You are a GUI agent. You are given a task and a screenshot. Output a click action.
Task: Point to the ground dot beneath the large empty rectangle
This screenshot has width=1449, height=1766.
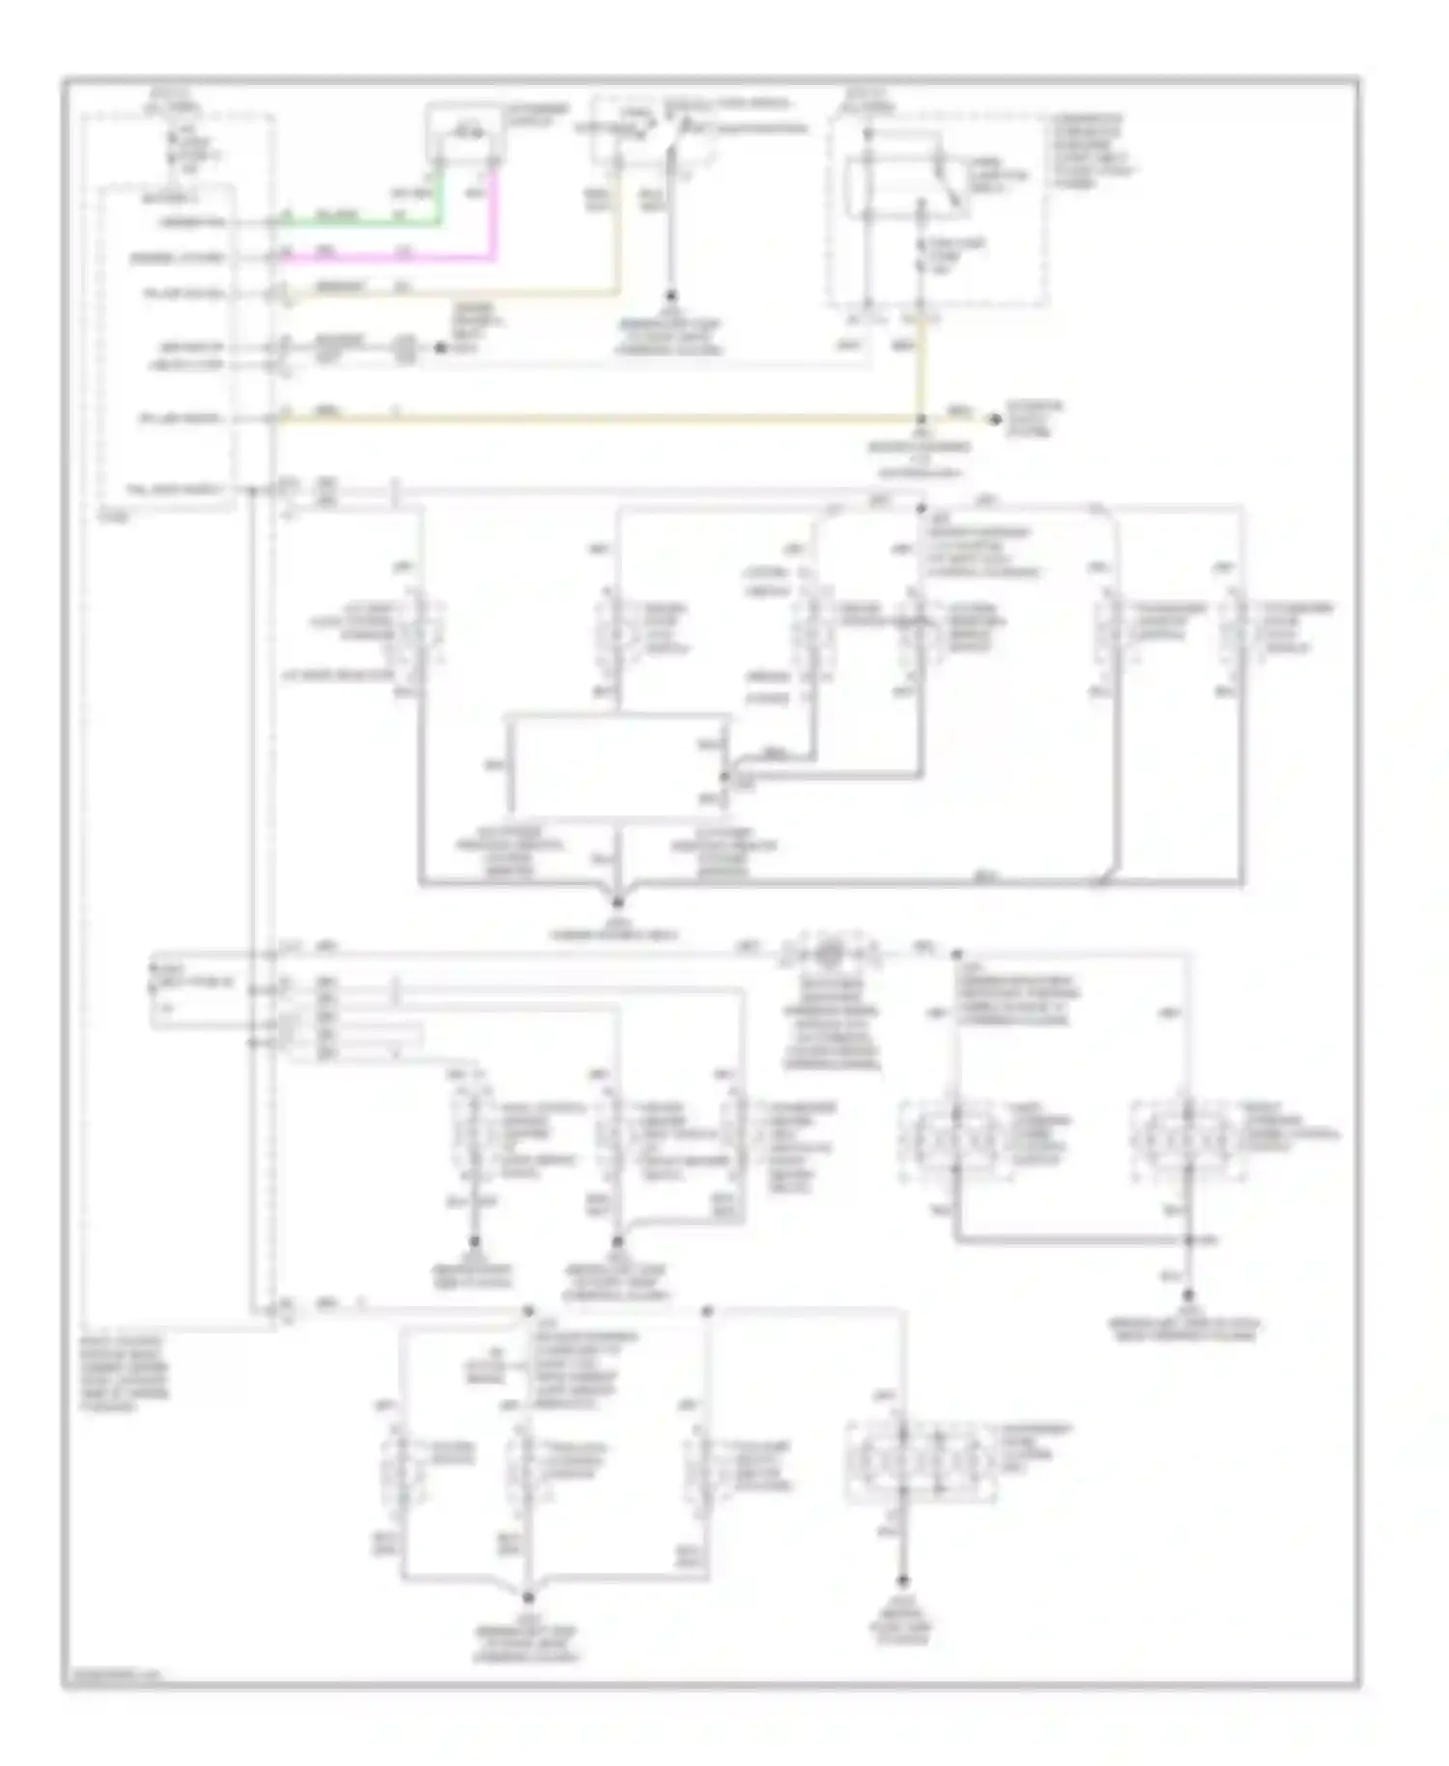618,903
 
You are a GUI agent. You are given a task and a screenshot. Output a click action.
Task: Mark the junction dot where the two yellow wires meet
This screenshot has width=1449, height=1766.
921,418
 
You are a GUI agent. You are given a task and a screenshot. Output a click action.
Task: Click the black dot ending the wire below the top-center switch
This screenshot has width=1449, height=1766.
669,299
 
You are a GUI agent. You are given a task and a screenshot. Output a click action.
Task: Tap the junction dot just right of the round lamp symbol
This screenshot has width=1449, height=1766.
957,953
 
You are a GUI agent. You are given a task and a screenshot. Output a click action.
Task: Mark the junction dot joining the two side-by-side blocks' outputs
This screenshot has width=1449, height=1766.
1189,1239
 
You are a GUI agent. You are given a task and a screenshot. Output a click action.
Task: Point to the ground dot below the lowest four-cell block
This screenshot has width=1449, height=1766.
903,1581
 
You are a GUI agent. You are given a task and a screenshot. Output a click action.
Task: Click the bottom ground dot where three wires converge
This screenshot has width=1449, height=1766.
528,1599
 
